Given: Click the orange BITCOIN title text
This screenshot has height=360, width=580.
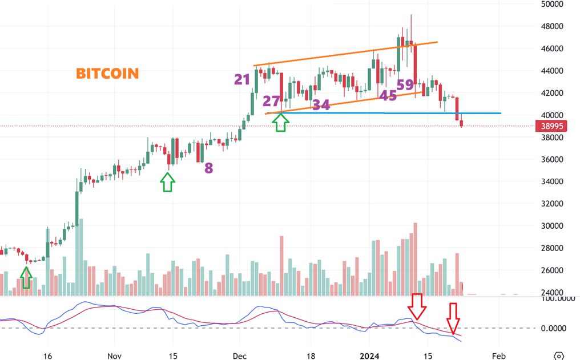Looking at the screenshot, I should click(107, 74).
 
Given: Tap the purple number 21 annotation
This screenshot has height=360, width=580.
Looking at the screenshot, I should click(242, 79).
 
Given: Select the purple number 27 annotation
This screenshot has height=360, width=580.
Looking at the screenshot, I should click(271, 101).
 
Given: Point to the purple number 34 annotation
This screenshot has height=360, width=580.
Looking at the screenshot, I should click(321, 105).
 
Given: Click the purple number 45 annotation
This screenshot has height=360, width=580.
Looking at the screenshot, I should click(388, 96).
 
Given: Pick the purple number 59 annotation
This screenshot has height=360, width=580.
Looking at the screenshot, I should click(405, 85).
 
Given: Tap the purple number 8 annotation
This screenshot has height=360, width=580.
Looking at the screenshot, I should click(209, 168).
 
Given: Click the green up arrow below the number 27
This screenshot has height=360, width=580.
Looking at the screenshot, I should click(281, 123).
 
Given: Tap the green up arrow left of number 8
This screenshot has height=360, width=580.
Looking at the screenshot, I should click(167, 183).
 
